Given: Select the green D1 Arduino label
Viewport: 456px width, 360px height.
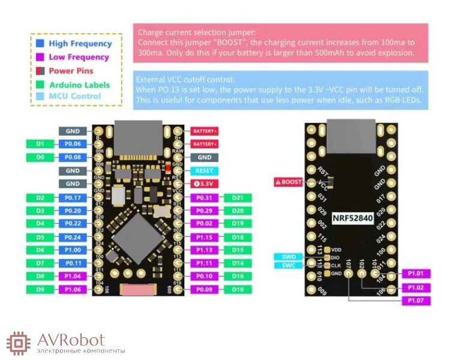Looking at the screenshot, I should pos(41,144).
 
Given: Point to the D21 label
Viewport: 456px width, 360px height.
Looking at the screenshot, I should pos(238,197).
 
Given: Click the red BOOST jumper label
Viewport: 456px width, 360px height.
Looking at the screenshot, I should pos(288,182).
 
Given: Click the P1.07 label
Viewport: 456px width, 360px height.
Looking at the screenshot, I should pos(416,300).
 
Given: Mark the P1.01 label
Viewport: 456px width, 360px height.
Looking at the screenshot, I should pos(416,274).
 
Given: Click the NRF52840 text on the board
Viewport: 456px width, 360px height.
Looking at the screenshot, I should pos(353,219).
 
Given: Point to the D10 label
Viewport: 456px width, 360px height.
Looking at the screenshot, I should pos(238,289).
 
